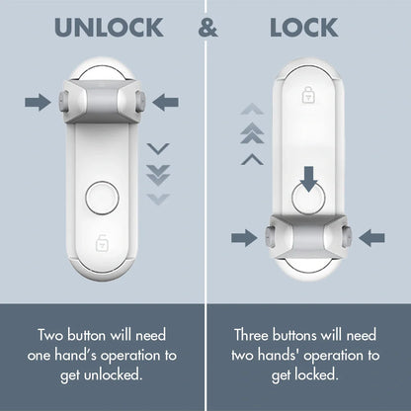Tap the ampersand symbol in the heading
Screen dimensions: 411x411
[207, 28]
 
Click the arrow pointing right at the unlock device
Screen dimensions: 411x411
[38, 101]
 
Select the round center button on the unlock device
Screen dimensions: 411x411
[101, 198]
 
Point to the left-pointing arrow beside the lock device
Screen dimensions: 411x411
[372, 236]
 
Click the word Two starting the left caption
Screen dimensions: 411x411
[51, 335]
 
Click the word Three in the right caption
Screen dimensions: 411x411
[255, 335]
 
